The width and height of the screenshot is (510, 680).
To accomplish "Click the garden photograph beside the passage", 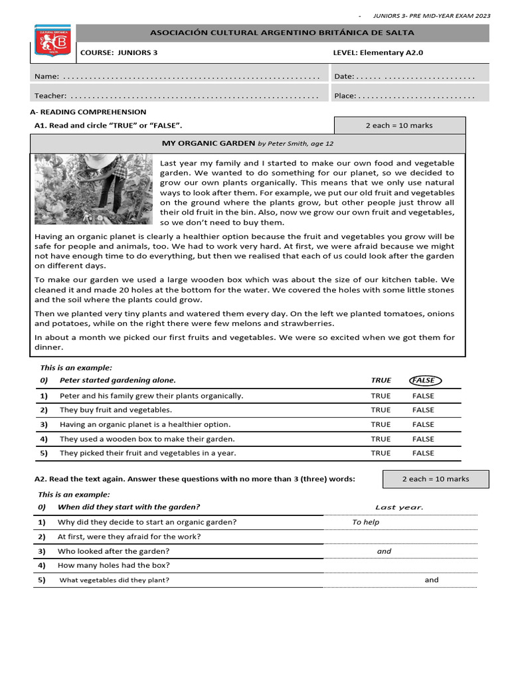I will pos(93,189).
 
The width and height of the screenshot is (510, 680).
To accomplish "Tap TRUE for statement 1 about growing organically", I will pos(381,396).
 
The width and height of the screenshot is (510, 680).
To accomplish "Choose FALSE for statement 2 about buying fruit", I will pos(423,410).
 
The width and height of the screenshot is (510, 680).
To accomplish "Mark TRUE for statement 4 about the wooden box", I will pos(381,439).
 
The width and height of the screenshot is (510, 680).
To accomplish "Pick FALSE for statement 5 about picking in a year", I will pos(423,453).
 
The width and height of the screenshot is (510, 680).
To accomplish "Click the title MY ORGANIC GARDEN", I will pos(209,143).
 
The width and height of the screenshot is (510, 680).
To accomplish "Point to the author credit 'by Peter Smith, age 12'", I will pos(296,143).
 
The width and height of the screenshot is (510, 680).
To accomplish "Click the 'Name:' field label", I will pos(46,77).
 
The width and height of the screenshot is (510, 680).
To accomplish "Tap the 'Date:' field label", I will pos(344,77).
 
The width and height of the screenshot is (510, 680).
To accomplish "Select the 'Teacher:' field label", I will pos(50,96).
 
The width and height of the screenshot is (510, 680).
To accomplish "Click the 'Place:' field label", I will pos(345,96).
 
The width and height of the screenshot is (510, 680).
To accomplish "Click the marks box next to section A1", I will pos(399,126).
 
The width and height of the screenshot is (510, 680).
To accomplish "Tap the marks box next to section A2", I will pos(435,479).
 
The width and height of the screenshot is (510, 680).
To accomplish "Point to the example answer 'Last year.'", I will pos(399,507).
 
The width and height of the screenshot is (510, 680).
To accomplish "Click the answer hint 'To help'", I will pos(366,522).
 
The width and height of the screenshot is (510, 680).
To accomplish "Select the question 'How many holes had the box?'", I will pos(114,565).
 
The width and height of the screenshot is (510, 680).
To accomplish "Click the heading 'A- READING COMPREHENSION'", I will pos(88,112).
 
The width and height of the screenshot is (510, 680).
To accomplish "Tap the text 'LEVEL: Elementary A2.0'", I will pos(378,52).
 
